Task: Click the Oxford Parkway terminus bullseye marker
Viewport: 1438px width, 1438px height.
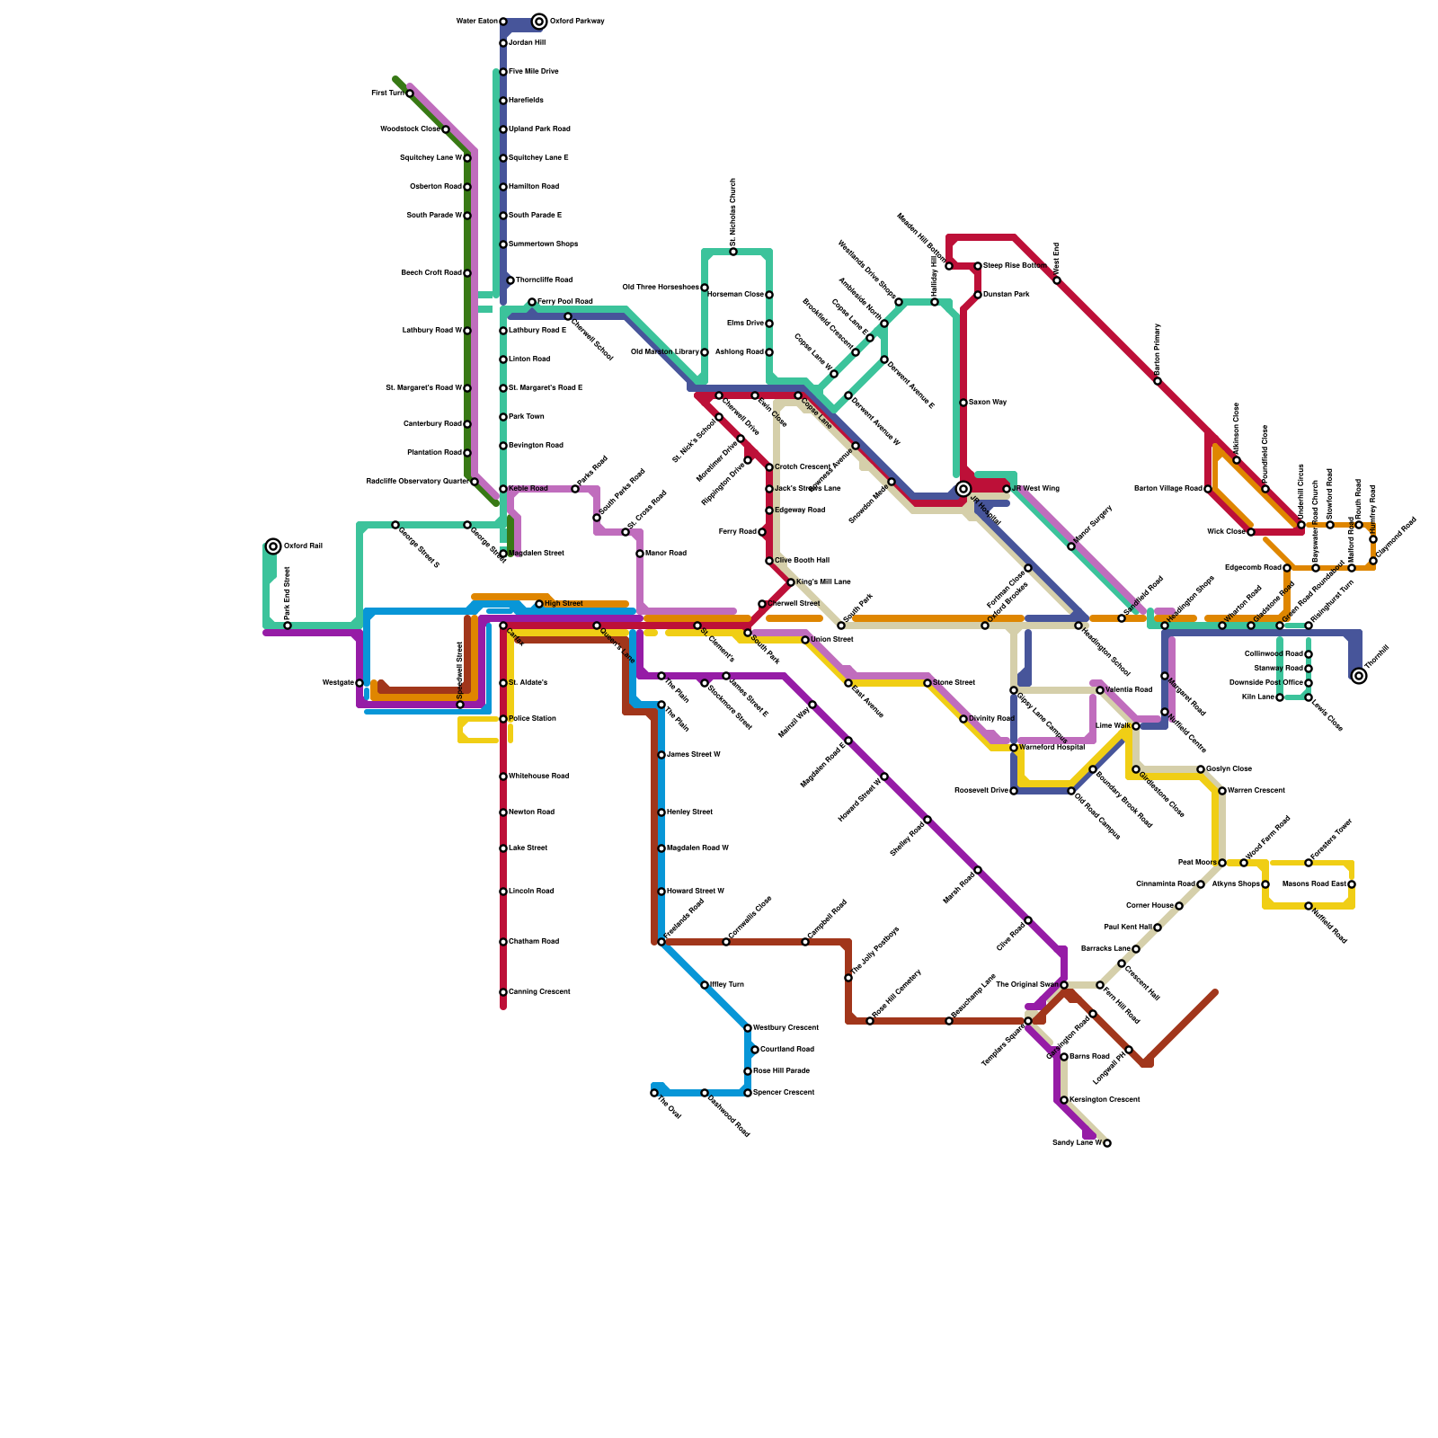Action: (x=539, y=22)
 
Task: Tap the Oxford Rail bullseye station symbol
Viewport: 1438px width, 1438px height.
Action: (x=273, y=546)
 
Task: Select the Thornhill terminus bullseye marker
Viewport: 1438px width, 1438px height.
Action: (x=1359, y=676)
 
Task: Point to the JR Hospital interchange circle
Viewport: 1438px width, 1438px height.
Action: (x=963, y=489)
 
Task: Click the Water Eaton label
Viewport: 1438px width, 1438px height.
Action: (x=476, y=22)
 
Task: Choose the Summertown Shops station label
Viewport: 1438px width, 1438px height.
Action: (x=543, y=244)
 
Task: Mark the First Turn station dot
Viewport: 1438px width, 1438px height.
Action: (x=410, y=93)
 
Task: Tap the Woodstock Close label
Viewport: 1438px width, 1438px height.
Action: (x=410, y=129)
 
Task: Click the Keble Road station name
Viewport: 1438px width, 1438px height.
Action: (x=528, y=489)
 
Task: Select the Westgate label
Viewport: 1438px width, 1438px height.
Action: (x=338, y=683)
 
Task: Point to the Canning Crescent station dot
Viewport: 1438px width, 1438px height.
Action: (x=503, y=992)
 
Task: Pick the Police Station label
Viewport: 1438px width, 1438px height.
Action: (x=532, y=719)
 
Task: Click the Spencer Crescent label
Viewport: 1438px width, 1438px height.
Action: (x=783, y=1093)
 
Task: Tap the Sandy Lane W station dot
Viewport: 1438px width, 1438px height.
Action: (x=1107, y=1143)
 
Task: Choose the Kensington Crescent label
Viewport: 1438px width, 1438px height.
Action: (x=1105, y=1100)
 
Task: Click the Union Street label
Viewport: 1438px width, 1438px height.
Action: (x=831, y=640)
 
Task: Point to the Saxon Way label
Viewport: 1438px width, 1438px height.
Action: (x=987, y=403)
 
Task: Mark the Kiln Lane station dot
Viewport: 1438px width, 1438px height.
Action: (x=1280, y=697)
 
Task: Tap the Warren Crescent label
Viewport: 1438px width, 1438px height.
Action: (x=1256, y=791)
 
